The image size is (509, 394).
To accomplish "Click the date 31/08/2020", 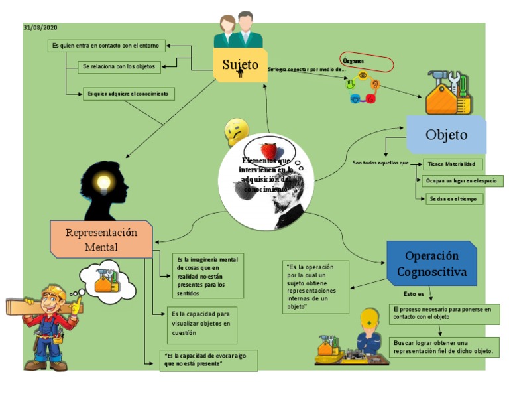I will point(40,27).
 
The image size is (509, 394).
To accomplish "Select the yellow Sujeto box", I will point(240,65).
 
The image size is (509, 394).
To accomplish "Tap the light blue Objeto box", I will point(446,135).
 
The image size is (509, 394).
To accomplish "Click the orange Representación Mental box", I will point(101,239).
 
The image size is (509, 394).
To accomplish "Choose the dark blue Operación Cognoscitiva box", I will point(431,263).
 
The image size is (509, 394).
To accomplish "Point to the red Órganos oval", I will point(367,62).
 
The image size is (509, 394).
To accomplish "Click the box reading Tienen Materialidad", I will point(453,164).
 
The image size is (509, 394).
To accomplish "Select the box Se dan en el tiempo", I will point(455,198).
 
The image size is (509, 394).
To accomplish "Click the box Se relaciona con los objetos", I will point(118,66).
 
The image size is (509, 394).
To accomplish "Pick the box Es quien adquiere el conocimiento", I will point(129,94).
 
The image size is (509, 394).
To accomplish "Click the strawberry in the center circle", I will point(268,151).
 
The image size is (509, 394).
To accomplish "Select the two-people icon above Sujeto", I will point(237,30).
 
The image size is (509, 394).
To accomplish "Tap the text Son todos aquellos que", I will point(380,163).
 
